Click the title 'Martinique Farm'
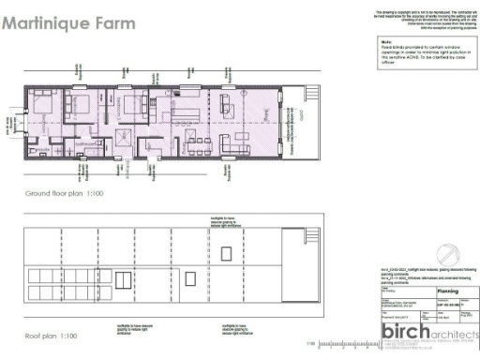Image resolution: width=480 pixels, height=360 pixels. (68, 22)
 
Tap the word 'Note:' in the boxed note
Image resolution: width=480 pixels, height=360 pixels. (386, 42)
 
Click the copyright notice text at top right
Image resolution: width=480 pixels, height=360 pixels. (421, 19)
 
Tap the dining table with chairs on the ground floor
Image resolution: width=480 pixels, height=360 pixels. (199, 142)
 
